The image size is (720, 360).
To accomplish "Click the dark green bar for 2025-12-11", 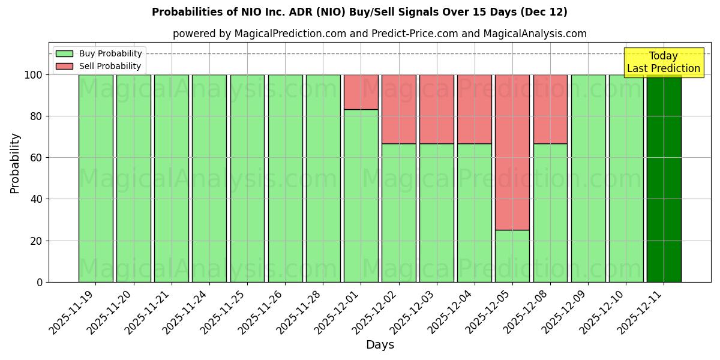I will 664,178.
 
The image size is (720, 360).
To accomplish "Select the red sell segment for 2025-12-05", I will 512,152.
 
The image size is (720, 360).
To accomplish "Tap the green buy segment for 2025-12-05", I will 512,256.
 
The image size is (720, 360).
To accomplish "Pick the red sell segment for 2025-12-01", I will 361,92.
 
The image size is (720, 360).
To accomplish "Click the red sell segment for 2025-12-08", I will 550,109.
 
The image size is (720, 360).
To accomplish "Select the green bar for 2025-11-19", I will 95,178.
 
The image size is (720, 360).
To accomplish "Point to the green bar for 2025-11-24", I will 209,178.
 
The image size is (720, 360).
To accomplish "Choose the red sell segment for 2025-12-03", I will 437,109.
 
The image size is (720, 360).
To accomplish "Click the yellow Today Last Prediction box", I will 664,62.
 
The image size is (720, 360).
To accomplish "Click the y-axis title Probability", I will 15,163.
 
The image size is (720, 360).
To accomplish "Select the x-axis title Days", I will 380,345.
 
